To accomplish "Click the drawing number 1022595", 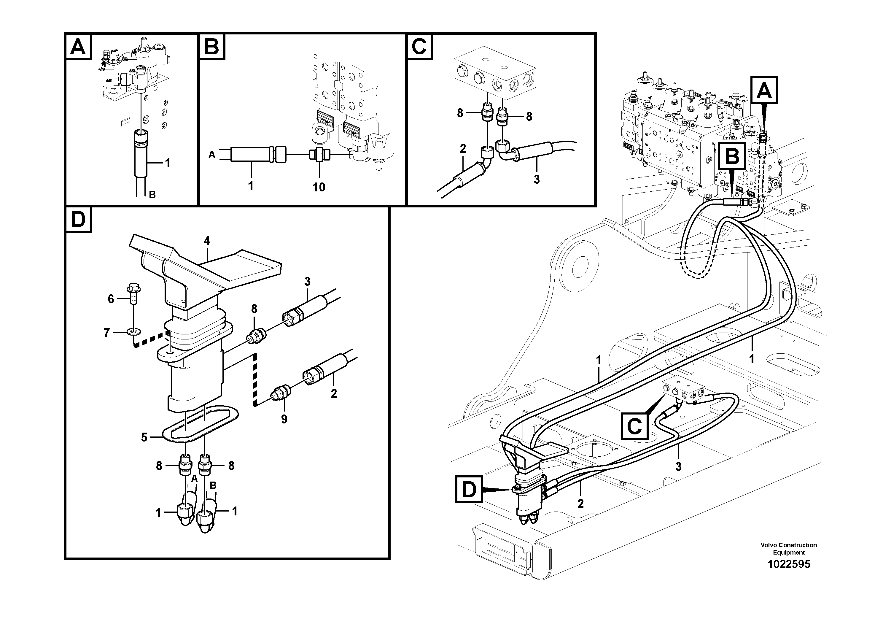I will [x=788, y=564].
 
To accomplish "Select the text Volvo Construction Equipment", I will [x=788, y=549].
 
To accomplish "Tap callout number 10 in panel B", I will [x=319, y=187].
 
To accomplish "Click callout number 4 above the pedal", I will [x=207, y=241].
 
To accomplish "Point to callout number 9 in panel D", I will [x=284, y=419].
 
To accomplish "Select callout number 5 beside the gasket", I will [x=144, y=437].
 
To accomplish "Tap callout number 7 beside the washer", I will [x=107, y=332].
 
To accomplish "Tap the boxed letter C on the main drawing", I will [x=634, y=426].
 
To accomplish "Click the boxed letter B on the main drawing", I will [x=732, y=156].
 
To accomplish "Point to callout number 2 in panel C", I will [x=463, y=148].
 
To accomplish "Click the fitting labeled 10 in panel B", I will [x=319, y=155].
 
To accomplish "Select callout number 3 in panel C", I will [x=537, y=179].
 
